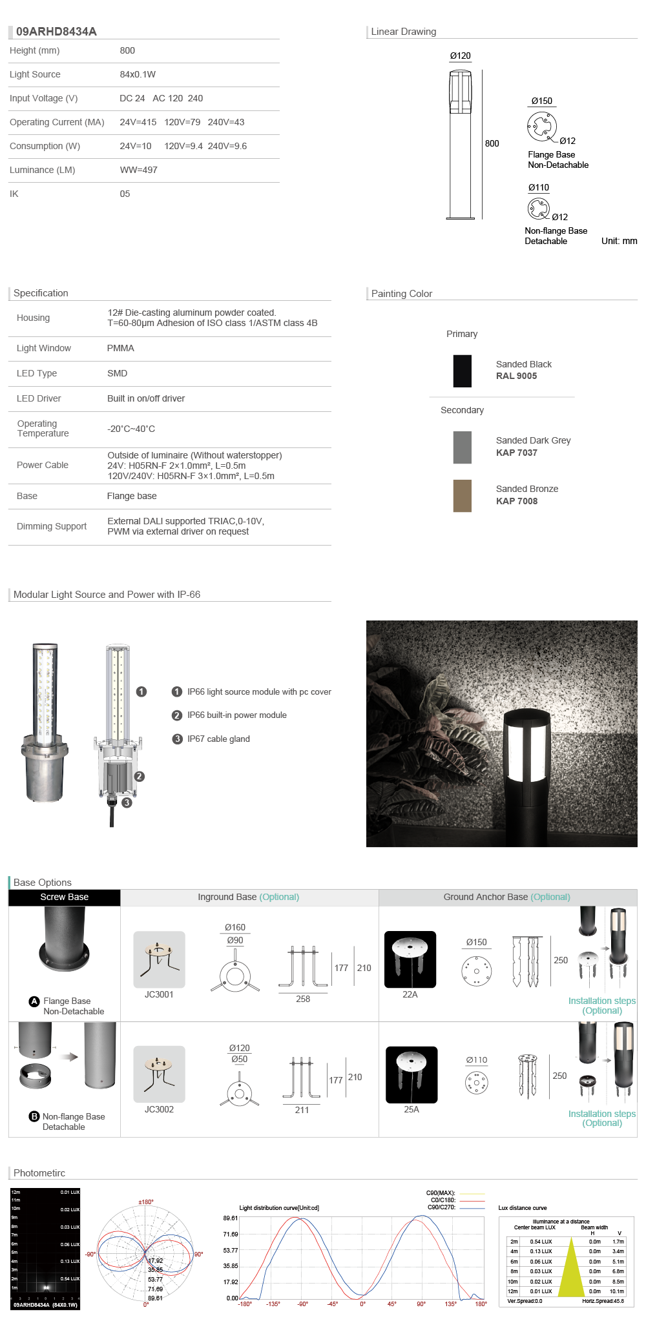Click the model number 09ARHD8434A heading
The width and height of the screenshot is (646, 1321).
(x=56, y=32)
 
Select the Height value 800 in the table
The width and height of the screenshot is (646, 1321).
(x=127, y=50)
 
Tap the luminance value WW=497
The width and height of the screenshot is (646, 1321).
(x=138, y=170)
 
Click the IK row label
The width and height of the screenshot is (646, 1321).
(x=14, y=194)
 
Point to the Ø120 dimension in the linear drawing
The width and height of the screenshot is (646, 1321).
(x=460, y=56)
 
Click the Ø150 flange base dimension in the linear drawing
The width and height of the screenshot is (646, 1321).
(x=541, y=101)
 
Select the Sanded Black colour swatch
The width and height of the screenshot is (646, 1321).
(x=462, y=371)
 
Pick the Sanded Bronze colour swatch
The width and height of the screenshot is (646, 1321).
(x=462, y=495)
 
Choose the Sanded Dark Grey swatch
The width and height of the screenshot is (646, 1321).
(x=462, y=447)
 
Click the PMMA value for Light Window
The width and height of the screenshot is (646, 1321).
(x=121, y=348)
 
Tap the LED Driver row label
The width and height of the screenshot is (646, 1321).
(x=39, y=398)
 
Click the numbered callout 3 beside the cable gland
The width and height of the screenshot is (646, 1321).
(x=127, y=803)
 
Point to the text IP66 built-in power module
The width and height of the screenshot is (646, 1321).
(x=236, y=715)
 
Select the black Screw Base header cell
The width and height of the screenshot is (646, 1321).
(x=64, y=897)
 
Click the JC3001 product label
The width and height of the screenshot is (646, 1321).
(x=159, y=994)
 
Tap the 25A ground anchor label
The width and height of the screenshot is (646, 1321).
(x=412, y=1109)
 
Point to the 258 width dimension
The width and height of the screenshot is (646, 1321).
(x=303, y=999)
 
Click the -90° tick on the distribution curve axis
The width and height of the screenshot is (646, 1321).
(x=302, y=1304)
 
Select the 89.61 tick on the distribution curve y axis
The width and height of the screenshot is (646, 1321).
(x=231, y=1218)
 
